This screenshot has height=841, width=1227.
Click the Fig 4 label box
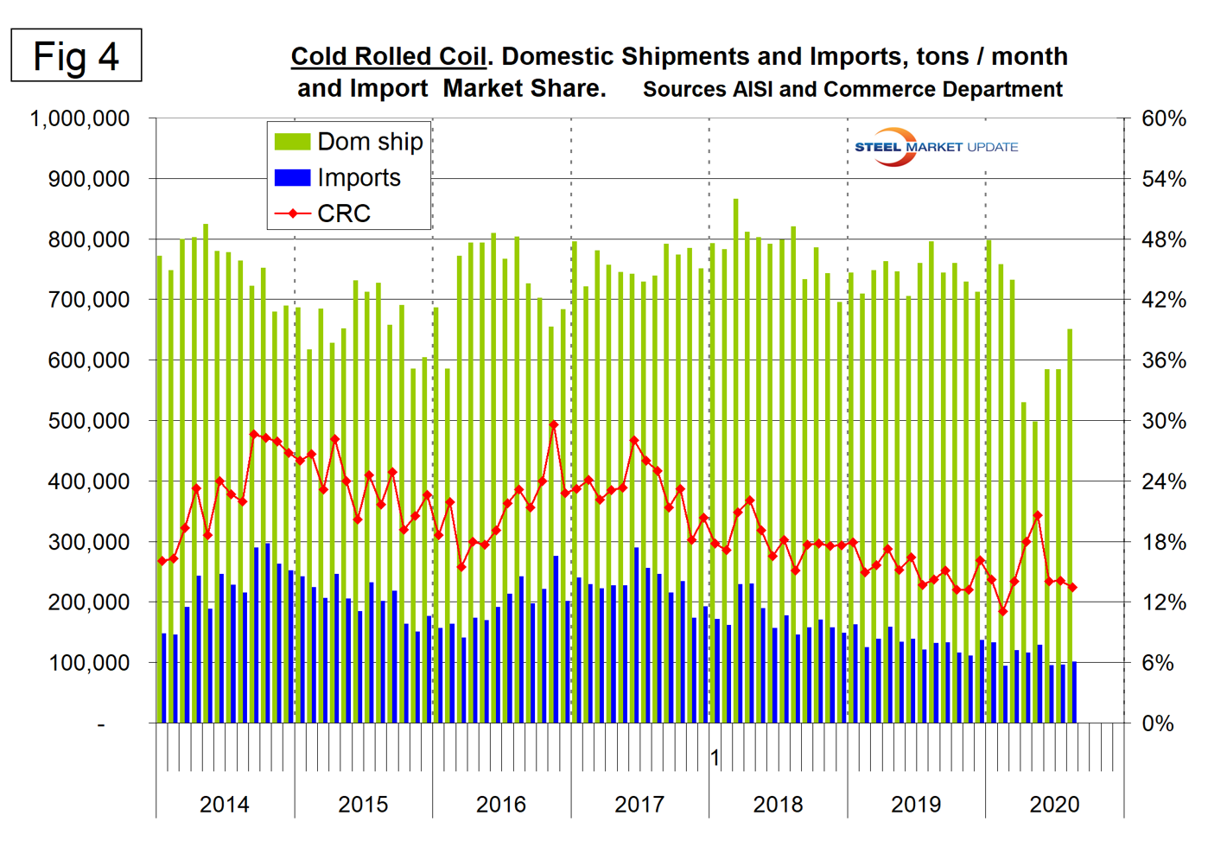click(x=76, y=56)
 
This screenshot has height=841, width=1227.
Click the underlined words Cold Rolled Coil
click(x=389, y=57)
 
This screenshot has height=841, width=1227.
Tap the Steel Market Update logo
click(x=935, y=147)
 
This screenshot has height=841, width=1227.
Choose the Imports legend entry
click(x=338, y=178)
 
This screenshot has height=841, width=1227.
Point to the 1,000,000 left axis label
click(x=79, y=118)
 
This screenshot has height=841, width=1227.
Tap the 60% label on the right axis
click(x=1163, y=118)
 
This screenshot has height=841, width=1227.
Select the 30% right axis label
click(x=1163, y=421)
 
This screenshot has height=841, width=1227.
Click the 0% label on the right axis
click(x=1158, y=723)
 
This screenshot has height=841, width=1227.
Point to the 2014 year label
click(x=225, y=805)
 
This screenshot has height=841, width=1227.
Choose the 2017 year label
click(x=639, y=805)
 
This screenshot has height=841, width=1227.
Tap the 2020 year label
click(x=1054, y=805)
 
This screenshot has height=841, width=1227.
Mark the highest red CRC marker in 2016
click(x=554, y=424)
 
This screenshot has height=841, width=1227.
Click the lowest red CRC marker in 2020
click(x=1003, y=611)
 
